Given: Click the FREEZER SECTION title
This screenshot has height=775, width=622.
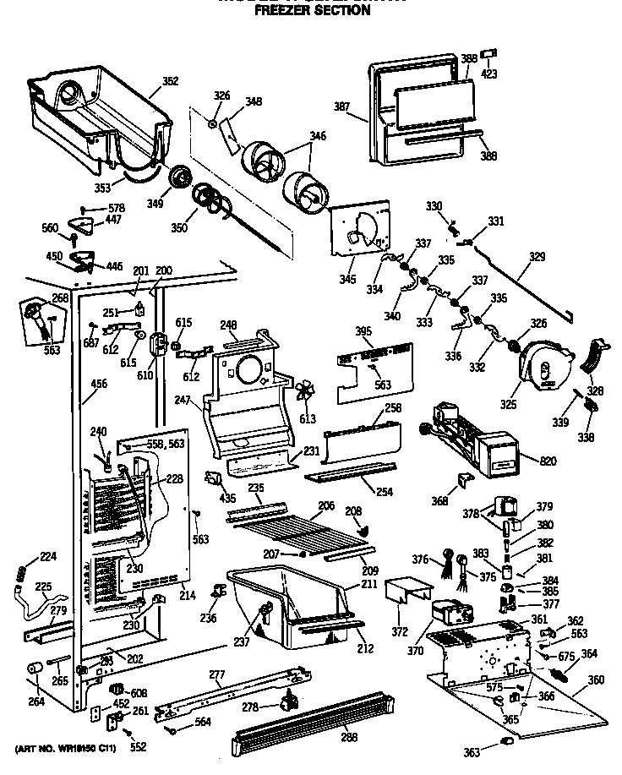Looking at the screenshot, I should pyautogui.click(x=312, y=11).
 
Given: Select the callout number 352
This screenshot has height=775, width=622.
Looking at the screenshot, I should pyautogui.click(x=170, y=82).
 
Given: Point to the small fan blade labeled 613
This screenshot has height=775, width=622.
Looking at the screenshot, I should pyautogui.click(x=306, y=394).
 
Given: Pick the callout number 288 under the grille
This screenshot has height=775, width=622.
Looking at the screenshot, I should pyautogui.click(x=347, y=736).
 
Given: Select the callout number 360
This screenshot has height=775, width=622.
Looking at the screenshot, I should pyautogui.click(x=596, y=679).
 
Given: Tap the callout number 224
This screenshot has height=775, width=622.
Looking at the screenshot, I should pyautogui.click(x=26, y=556).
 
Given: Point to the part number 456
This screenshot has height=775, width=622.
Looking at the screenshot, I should pyautogui.click(x=99, y=385).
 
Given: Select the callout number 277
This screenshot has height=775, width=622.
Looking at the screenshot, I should pyautogui.click(x=216, y=674).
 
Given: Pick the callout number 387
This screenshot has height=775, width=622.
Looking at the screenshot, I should pyautogui.click(x=341, y=106).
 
